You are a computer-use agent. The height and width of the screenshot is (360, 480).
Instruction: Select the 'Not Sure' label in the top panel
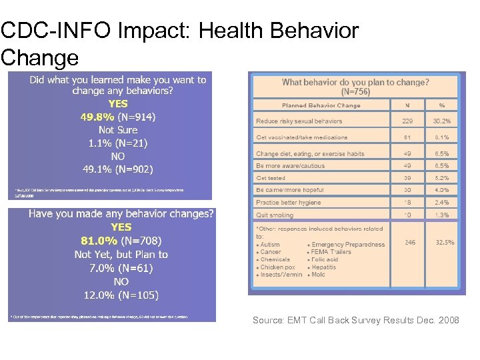click(x=117, y=130)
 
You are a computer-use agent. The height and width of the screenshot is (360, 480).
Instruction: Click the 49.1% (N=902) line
click(x=117, y=169)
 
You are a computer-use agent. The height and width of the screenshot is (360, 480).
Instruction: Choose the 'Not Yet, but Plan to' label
click(x=121, y=254)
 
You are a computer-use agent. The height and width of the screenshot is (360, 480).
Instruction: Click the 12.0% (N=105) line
click(x=121, y=295)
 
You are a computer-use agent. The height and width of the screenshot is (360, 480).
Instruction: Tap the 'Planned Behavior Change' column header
click(x=321, y=105)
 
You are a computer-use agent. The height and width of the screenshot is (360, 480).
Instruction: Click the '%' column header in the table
click(x=441, y=105)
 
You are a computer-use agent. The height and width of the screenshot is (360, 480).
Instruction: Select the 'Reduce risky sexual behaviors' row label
click(x=299, y=121)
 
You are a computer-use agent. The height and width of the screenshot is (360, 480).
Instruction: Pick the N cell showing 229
click(x=407, y=121)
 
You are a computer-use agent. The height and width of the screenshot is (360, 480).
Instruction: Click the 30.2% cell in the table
click(x=441, y=121)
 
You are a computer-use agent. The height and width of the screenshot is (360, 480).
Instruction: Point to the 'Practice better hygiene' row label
click(x=288, y=203)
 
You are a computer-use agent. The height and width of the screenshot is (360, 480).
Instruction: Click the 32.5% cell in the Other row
click(x=445, y=243)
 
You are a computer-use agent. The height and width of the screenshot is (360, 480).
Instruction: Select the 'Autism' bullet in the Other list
click(x=270, y=245)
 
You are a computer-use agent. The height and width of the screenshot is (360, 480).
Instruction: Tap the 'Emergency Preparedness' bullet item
click(x=347, y=245)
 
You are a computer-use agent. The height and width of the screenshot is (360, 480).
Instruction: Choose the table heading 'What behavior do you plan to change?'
click(x=355, y=83)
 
